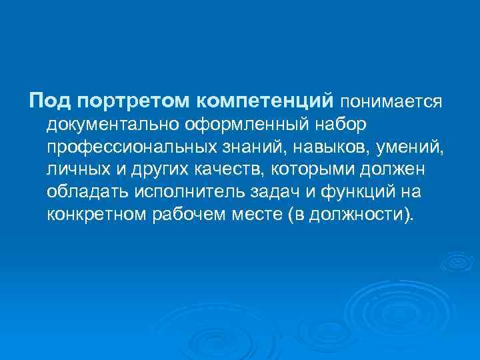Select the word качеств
point(219,170)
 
